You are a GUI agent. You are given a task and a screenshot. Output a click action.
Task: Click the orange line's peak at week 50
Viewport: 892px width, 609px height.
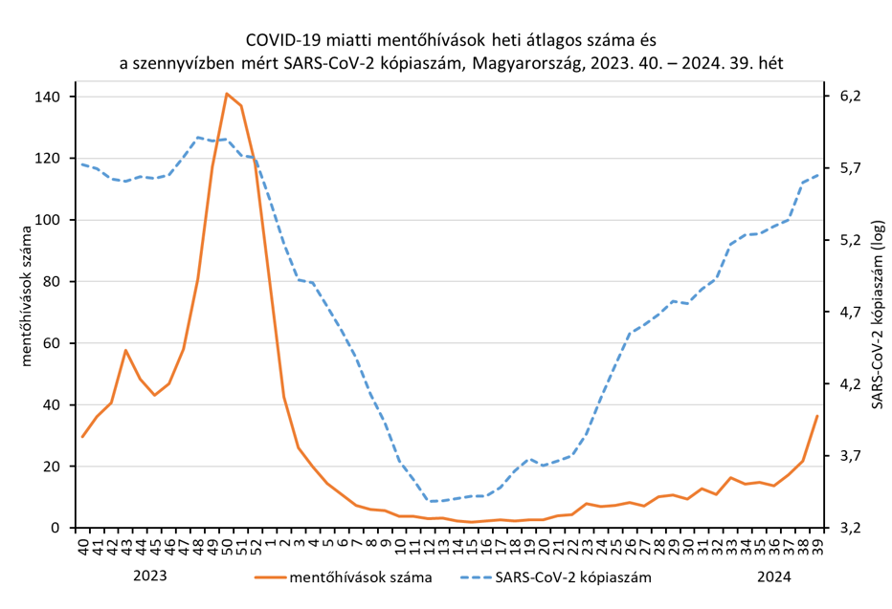click(x=227, y=94)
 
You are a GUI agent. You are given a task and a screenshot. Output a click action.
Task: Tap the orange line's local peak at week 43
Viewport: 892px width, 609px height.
click(x=125, y=350)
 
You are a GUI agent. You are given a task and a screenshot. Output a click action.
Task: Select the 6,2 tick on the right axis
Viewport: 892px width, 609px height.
click(x=850, y=97)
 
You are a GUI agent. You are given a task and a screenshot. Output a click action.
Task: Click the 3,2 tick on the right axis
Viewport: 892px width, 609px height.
click(x=850, y=528)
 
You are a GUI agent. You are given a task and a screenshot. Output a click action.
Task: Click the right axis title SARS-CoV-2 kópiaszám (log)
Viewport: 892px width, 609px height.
click(x=877, y=315)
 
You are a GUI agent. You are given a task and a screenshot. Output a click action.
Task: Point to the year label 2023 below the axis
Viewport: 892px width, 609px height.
click(x=149, y=576)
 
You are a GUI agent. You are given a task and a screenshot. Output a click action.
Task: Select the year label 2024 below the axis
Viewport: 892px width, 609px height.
click(x=774, y=576)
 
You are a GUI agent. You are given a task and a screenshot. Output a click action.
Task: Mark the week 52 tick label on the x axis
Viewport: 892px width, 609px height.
click(x=256, y=547)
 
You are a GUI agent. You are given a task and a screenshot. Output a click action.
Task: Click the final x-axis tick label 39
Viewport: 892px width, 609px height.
click(x=816, y=547)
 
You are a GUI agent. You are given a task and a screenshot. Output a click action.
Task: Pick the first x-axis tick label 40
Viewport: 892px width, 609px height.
click(x=83, y=547)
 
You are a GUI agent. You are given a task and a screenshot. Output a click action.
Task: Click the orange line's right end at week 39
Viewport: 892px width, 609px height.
click(x=816, y=416)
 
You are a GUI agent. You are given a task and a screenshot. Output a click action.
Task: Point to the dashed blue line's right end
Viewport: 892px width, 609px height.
click(x=816, y=175)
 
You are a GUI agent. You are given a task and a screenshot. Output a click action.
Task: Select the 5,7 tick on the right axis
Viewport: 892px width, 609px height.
click(x=850, y=168)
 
